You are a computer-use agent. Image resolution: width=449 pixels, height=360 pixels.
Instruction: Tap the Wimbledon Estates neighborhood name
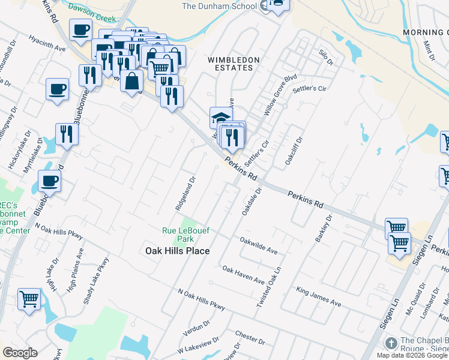[x=234, y=64]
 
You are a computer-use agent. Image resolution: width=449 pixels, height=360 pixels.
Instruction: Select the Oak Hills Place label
[x=178, y=251]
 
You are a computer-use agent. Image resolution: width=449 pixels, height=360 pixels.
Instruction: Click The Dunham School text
[x=219, y=7]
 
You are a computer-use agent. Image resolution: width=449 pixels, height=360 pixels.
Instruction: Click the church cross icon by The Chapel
[x=391, y=344]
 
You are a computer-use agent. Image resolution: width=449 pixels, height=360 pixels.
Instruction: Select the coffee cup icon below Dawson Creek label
[x=80, y=29]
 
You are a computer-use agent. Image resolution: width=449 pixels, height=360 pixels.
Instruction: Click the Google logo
[x=20, y=352]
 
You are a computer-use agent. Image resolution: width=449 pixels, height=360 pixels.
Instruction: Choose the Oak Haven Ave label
[x=243, y=275]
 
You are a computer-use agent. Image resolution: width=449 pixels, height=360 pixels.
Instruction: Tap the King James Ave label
[x=319, y=296]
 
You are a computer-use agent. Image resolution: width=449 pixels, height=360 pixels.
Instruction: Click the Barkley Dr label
[x=324, y=229]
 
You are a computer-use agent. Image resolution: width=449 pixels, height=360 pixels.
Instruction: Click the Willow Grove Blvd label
[x=281, y=95]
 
